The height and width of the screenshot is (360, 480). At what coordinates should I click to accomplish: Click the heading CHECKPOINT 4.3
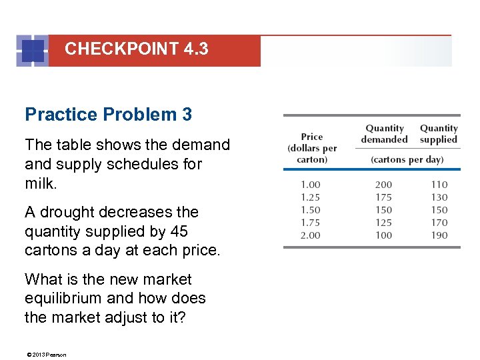137,49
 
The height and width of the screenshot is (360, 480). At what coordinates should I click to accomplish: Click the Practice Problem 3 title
108,115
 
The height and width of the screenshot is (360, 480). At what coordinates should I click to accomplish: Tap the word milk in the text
40,183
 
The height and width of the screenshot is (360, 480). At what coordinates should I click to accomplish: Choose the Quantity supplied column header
439,133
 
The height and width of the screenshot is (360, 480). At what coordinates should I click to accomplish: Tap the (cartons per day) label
407,160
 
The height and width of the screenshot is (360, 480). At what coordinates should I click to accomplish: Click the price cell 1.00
310,185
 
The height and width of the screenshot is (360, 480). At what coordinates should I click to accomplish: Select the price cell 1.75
310,223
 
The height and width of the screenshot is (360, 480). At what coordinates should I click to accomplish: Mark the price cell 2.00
310,235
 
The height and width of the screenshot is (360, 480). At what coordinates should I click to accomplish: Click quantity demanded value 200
383,185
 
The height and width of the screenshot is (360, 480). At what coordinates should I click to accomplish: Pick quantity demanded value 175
383,197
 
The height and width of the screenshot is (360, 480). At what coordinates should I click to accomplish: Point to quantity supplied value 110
439,185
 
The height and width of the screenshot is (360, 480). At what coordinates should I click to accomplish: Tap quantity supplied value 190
439,235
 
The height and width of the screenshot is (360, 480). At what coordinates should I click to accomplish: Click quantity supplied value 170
439,223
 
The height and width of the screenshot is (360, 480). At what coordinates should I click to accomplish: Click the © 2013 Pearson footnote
46,354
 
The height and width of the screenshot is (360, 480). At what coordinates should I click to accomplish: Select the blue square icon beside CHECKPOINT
32,51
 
